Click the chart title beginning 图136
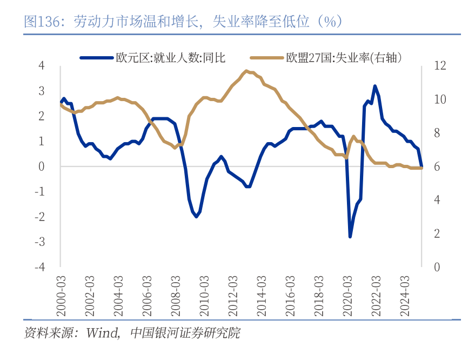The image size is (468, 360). tap(184, 21)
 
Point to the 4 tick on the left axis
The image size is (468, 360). tap(42, 66)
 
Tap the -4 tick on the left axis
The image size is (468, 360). tap(39, 267)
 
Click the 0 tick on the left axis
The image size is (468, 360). tap(42, 166)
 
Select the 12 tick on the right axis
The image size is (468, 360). tap(440, 66)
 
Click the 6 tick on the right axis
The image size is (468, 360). tap(437, 166)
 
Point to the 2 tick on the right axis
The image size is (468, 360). tap(437, 234)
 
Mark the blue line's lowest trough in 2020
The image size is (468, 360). tap(350, 237)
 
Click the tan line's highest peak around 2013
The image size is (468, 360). tap(246, 71)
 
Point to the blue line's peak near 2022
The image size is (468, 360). tap(375, 86)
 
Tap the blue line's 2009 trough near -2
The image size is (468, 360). tap(196, 217)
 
